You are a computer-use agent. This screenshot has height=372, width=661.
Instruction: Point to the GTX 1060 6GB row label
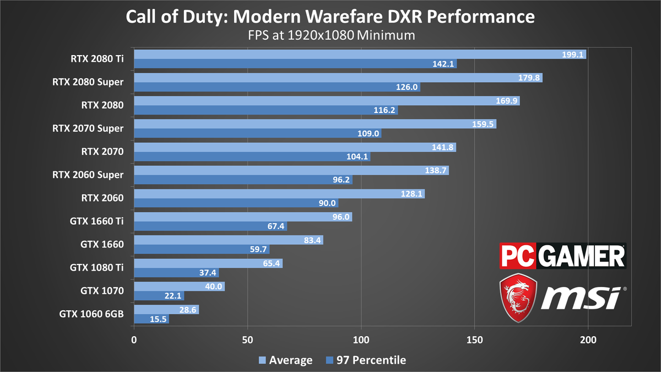(91, 314)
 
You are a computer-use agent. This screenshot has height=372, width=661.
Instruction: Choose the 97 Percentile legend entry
(366, 360)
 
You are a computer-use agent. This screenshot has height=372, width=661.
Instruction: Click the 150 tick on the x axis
(475, 340)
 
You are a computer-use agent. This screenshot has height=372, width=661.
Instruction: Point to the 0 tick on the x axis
(134, 340)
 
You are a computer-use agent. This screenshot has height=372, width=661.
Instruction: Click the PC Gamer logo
(562, 256)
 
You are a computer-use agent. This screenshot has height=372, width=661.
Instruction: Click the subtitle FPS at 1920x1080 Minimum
(330, 35)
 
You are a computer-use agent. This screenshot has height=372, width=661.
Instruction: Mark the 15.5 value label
(159, 319)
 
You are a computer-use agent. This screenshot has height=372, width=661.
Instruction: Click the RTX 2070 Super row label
(88, 129)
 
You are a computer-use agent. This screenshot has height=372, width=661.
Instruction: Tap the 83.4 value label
(312, 240)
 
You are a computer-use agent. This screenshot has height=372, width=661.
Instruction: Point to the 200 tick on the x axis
(588, 340)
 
